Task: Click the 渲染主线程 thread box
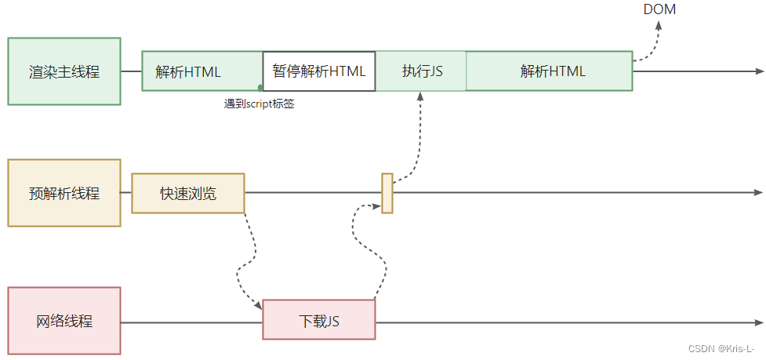[x=64, y=71]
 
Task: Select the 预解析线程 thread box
[x=64, y=193]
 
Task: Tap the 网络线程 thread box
[x=64, y=321]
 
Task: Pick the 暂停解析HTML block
[x=318, y=71]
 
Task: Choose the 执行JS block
[x=422, y=71]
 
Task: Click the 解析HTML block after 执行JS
[x=552, y=71]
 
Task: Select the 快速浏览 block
[x=188, y=193]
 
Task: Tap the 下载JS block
[x=319, y=321]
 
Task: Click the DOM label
[x=659, y=10]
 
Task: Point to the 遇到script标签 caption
[x=259, y=104]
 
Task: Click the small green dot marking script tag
[x=260, y=88]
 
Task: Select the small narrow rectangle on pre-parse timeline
[x=387, y=193]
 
